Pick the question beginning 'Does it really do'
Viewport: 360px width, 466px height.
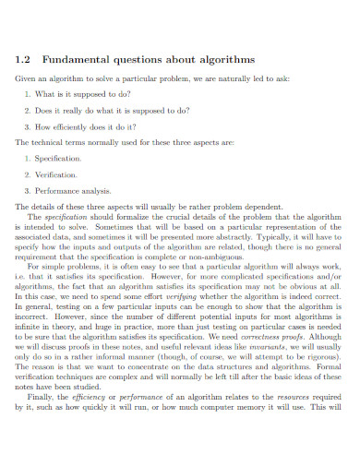click(x=107, y=111)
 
